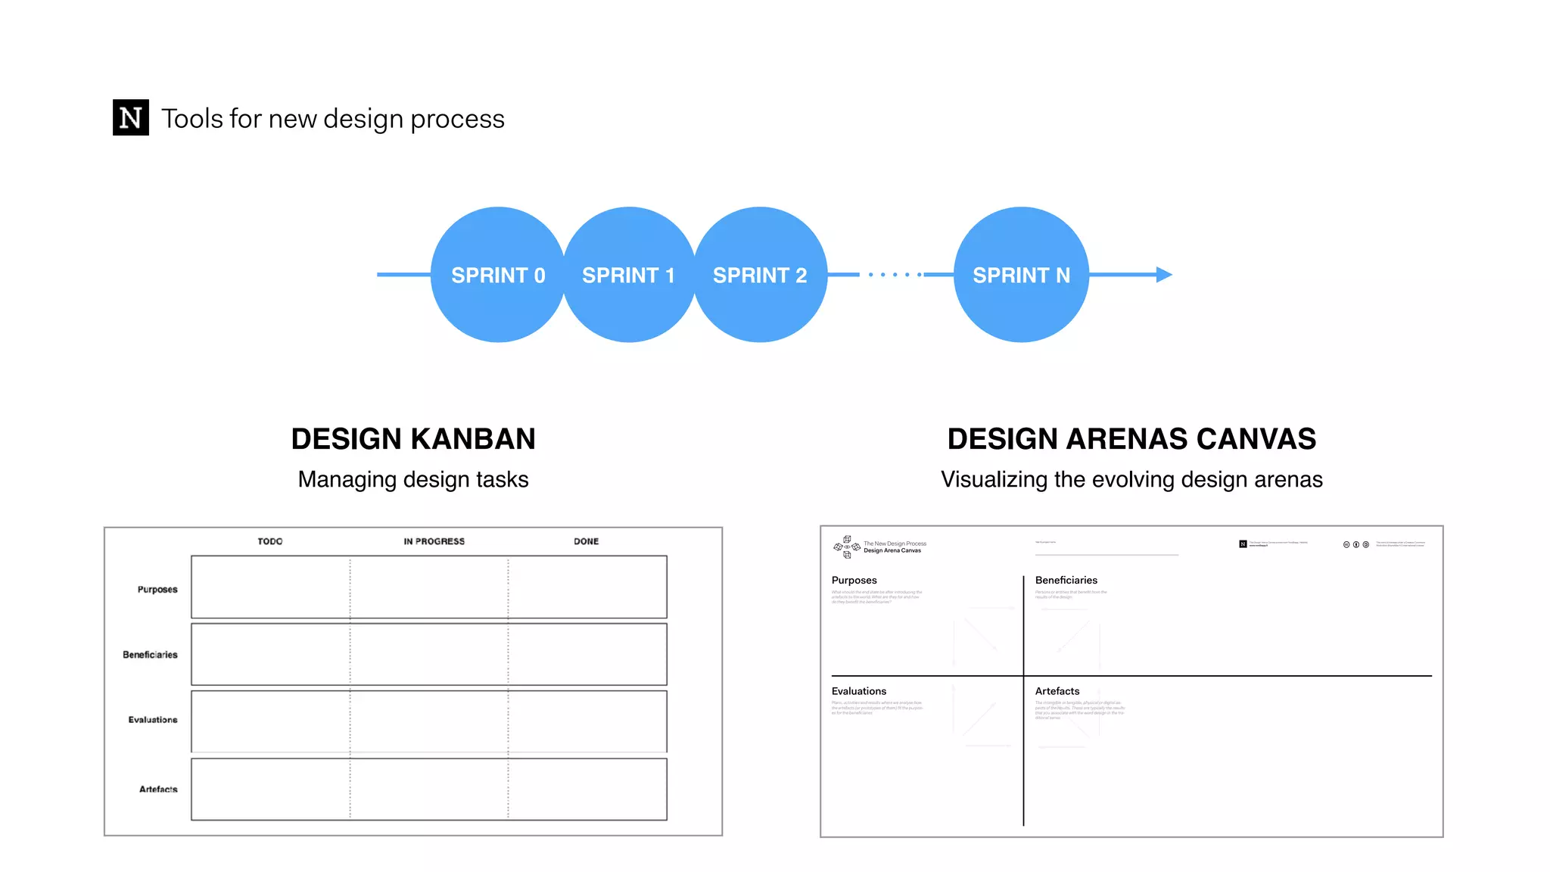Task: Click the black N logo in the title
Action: [x=130, y=117]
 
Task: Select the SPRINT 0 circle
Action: [x=498, y=275]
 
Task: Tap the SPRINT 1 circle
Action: [x=629, y=275]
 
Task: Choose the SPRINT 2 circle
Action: [x=760, y=275]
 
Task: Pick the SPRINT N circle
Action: [x=1021, y=275]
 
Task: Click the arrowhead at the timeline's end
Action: [x=1164, y=275]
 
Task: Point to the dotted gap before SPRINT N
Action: [x=895, y=275]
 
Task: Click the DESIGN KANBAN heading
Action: [x=413, y=439]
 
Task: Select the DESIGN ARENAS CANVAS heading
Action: [x=1131, y=439]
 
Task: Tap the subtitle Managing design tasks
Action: [x=413, y=479]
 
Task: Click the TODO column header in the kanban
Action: [x=270, y=541]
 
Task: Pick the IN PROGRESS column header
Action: [x=434, y=541]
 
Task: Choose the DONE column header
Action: [x=586, y=541]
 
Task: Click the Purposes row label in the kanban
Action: [x=157, y=589]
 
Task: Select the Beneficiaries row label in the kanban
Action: [x=150, y=655]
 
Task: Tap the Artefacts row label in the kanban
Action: [x=158, y=789]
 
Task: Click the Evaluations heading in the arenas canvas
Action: [x=858, y=691]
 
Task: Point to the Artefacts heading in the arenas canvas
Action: [x=1057, y=691]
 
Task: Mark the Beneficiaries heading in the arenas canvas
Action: [x=1066, y=581]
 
